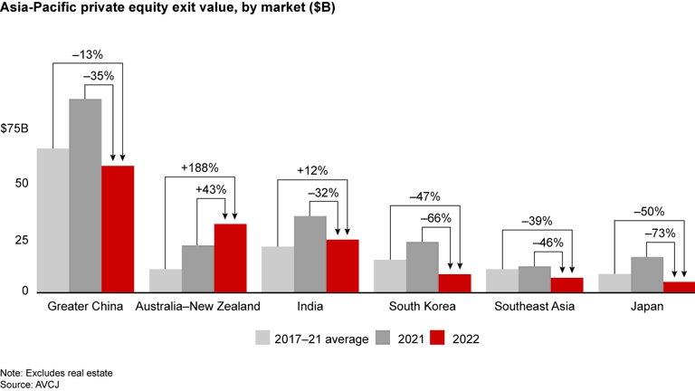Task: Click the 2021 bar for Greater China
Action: (x=85, y=195)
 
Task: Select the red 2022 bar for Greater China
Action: (x=118, y=229)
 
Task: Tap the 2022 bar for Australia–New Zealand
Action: (x=230, y=258)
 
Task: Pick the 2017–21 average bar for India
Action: (x=278, y=270)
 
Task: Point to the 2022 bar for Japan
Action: (x=679, y=287)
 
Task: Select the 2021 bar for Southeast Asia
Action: (x=534, y=279)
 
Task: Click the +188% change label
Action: (x=200, y=167)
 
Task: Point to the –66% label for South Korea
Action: (x=439, y=218)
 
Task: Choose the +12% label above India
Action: (x=311, y=170)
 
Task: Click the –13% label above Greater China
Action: (x=86, y=52)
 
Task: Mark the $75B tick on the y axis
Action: (x=16, y=128)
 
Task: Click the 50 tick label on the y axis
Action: (x=23, y=184)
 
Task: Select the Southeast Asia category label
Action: (x=534, y=307)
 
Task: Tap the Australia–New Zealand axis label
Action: (x=197, y=307)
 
